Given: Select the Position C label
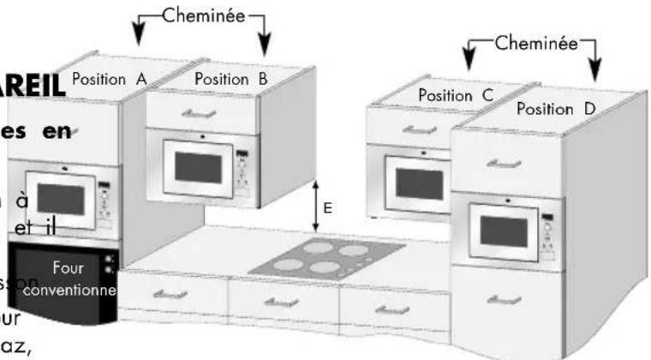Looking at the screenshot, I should pos(457,96).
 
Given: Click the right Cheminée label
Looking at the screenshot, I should pos(532,44).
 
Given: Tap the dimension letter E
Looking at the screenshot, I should pos(327,207).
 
